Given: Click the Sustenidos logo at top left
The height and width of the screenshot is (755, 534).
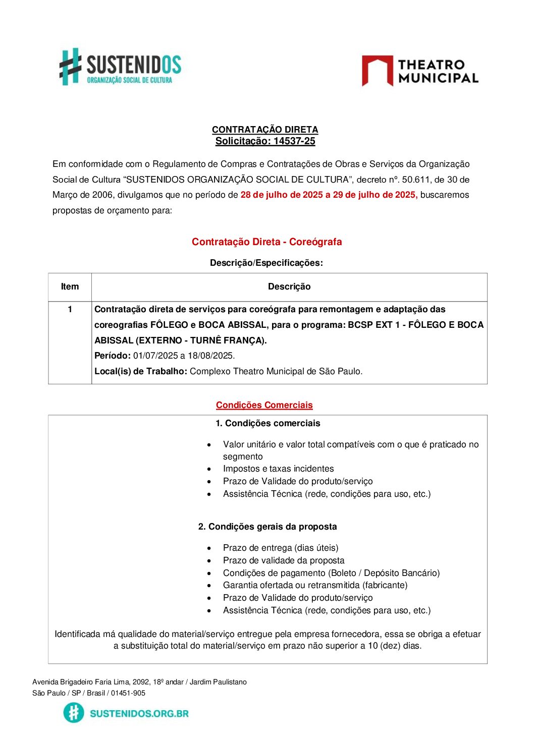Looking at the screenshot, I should tap(120, 67).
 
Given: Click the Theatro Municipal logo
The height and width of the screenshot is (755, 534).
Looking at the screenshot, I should tap(420, 71).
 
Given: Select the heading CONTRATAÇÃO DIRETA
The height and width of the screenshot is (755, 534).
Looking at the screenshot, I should tap(265, 130).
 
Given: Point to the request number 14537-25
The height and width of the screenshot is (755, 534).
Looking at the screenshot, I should tap(294, 141).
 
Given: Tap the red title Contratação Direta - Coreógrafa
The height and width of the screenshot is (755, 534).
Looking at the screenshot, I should tap(266, 242).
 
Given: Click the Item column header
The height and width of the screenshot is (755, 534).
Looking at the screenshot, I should tap(70, 286).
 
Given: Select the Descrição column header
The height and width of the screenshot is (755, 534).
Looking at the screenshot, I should tap(289, 286).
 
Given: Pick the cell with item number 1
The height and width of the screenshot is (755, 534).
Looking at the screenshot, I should tap(70, 309).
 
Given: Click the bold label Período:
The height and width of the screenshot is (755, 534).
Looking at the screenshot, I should tap(113, 356).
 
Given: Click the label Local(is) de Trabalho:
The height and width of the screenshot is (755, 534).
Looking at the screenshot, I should tap(141, 371).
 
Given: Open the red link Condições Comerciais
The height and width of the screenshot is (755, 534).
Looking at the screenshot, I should tap(264, 405).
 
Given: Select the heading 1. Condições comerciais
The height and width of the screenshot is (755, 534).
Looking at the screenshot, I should tap(268, 423).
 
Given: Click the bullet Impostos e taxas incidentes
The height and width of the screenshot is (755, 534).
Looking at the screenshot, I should tap(278, 469).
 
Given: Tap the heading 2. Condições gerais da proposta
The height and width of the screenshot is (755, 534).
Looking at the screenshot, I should tap(268, 527).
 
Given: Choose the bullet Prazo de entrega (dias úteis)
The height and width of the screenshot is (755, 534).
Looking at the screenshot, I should tap(281, 548).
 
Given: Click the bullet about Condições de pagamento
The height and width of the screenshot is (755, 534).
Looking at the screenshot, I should tap(331, 573).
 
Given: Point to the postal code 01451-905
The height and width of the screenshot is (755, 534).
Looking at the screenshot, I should tap(128, 693).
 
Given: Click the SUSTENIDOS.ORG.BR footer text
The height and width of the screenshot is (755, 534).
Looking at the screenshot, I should tap(139, 713).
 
